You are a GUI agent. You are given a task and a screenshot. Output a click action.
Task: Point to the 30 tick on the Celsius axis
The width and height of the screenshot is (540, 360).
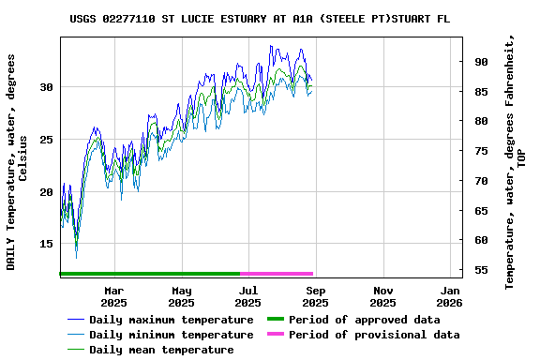coord(46,87)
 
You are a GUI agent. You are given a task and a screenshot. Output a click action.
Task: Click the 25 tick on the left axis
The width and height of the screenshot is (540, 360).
coord(46,140)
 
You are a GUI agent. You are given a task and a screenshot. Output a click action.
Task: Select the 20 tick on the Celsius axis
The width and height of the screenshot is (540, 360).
coord(46,192)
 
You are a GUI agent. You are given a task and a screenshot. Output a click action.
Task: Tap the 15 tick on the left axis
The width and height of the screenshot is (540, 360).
coord(46,244)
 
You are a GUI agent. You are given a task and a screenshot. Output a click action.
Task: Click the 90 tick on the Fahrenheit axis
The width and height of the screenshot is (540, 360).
coord(482,62)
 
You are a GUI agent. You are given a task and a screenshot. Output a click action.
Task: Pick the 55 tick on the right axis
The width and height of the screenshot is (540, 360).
coord(482,270)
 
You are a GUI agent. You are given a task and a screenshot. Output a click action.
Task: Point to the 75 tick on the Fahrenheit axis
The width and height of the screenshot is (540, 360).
coord(482,151)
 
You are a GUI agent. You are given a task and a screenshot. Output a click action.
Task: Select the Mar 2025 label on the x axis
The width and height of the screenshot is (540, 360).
coord(113,296)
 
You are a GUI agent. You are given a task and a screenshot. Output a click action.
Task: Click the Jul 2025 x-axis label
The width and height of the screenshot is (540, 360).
coord(247,296)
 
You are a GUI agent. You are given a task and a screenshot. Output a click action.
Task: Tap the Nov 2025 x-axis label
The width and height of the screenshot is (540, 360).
coord(382,296)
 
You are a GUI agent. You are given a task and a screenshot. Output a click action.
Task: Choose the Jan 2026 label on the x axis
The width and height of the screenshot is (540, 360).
coord(450,296)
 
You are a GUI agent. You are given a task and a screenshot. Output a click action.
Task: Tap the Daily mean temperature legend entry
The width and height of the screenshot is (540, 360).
coord(161,350)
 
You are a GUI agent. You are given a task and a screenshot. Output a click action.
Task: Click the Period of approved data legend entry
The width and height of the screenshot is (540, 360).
coord(364,320)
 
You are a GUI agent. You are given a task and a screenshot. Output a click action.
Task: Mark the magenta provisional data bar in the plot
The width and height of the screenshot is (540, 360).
coord(277,274)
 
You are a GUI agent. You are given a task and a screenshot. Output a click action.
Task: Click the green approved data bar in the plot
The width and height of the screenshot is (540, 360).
coord(150,274)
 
